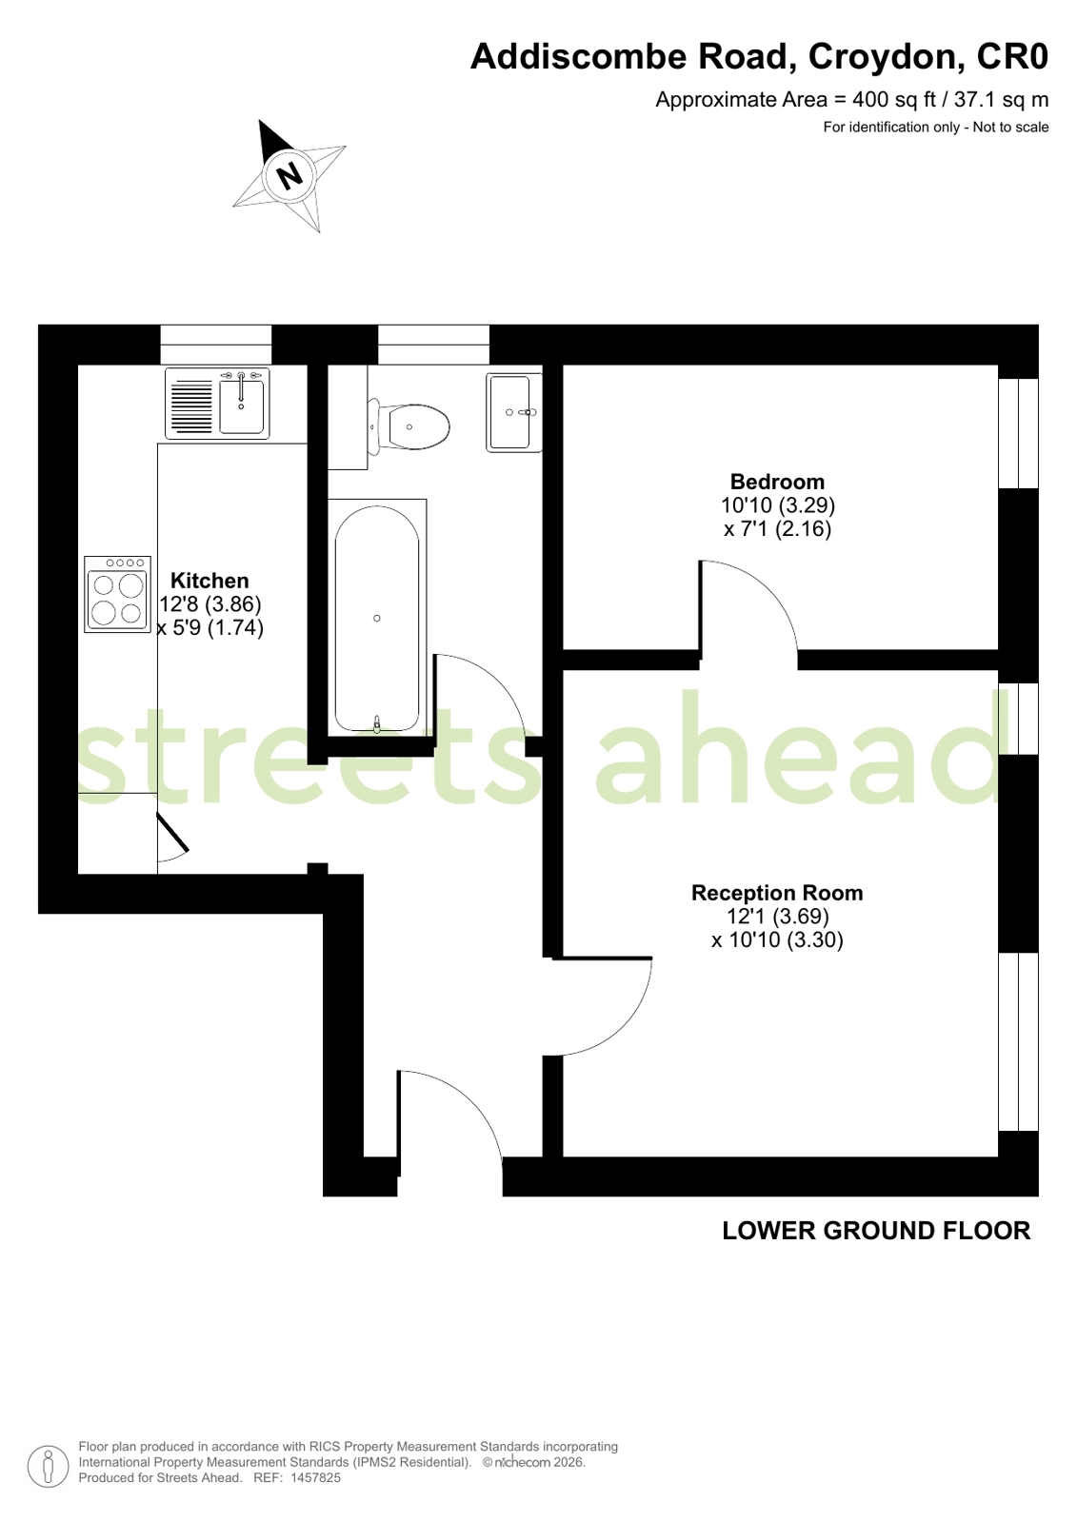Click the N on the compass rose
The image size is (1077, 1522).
tap(291, 176)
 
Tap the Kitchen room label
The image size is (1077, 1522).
tap(209, 581)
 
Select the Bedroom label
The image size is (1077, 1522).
tap(777, 482)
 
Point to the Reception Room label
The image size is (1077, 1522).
tap(777, 893)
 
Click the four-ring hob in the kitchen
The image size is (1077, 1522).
tap(118, 594)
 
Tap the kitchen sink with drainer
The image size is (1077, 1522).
tap(217, 404)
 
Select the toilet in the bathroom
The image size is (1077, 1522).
tap(408, 426)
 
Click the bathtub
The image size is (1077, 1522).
tap(377, 619)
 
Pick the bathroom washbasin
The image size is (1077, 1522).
tap(514, 412)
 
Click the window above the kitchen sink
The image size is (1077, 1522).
tap(216, 345)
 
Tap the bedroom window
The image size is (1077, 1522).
tap(1019, 433)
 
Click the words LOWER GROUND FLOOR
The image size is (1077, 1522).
tap(876, 1231)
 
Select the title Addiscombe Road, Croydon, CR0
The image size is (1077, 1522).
tap(759, 56)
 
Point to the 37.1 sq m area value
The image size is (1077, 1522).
tap(1002, 100)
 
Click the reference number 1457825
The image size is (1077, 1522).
tap(315, 1477)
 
